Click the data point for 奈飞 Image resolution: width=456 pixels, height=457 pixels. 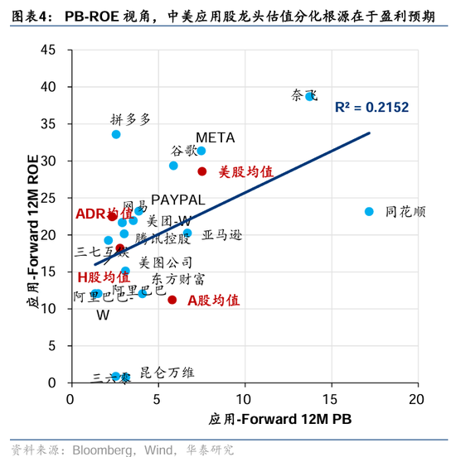pos(309,96)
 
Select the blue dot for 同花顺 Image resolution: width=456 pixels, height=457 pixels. pos(370,211)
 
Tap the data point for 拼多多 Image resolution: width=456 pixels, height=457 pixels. pos(116,134)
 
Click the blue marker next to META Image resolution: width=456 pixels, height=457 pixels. pos(201,151)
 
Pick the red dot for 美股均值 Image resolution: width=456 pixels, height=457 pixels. pos(202,171)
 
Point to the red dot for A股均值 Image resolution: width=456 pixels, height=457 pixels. pos(172,300)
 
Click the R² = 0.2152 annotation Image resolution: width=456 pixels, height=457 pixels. pos(371,108)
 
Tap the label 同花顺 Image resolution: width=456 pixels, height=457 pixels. pos(405,212)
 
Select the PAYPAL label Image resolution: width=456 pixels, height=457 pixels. pos(177,200)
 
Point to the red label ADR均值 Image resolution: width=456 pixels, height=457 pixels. pos(104,214)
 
